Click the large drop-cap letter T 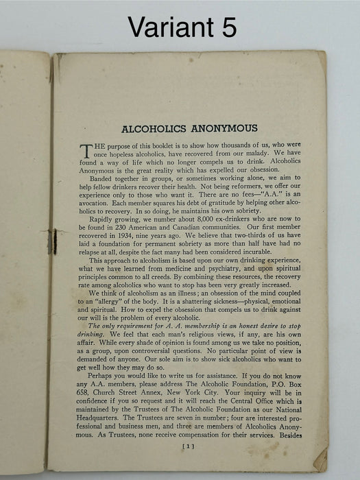click(x=86, y=151)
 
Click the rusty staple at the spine click(x=51, y=241)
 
